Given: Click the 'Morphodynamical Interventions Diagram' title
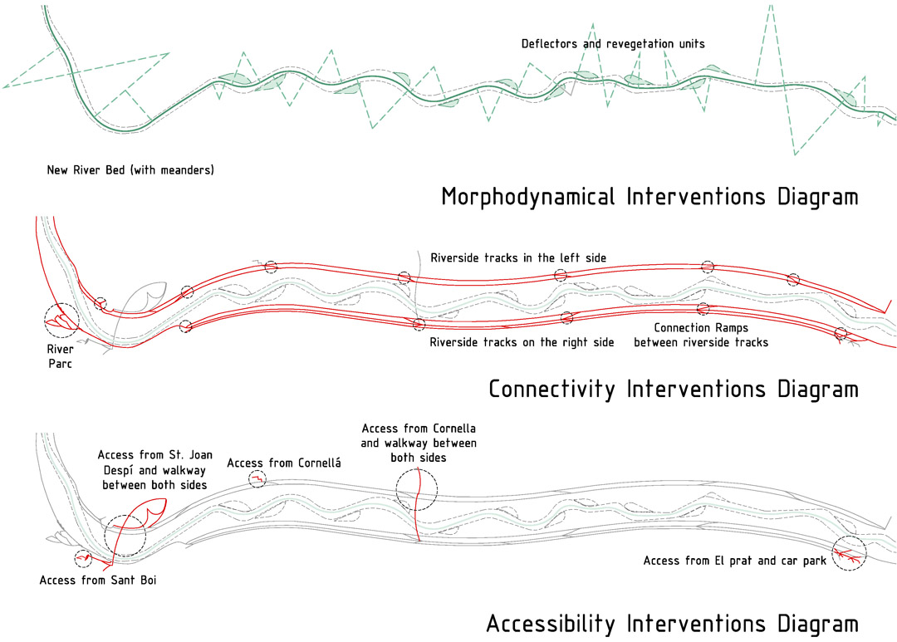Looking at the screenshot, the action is [x=649, y=197].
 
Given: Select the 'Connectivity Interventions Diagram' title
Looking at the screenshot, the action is [x=674, y=389].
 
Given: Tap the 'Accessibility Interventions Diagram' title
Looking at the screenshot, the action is [x=672, y=623].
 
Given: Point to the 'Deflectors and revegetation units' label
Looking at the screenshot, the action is [x=613, y=44].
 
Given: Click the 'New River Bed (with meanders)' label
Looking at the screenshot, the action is [x=130, y=170].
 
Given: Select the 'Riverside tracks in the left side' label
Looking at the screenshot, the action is [x=518, y=258].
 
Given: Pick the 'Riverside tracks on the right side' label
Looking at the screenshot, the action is [x=522, y=342].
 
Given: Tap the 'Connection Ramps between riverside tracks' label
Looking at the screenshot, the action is [x=701, y=336].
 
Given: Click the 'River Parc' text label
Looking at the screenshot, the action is [x=60, y=356].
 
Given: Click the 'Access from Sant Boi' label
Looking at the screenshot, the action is [x=98, y=581].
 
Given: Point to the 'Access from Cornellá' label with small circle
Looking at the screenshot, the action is [x=284, y=463].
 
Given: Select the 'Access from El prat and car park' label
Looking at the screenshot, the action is [x=734, y=561].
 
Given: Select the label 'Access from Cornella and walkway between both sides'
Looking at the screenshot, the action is [x=419, y=443].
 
